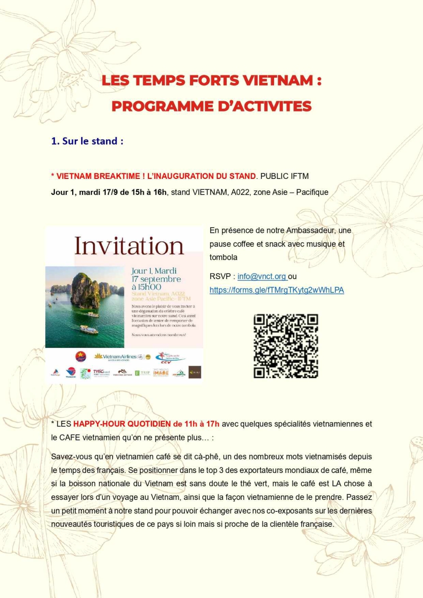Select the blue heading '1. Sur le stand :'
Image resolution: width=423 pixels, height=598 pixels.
pos(87,141)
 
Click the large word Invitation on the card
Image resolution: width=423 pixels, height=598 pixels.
pos(129,246)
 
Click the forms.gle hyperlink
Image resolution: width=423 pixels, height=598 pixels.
pos(277,290)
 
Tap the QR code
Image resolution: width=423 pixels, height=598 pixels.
pos(285,345)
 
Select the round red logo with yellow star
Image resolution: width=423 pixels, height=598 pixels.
pos(81,357)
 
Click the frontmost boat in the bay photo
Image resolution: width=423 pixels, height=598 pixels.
pos(89,330)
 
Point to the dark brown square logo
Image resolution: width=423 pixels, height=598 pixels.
pos(194,372)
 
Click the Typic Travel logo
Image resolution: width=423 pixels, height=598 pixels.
pos(101,373)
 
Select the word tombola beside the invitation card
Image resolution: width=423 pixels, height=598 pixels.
pos(223,257)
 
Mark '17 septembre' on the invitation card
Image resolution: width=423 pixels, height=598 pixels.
pos(156,279)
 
